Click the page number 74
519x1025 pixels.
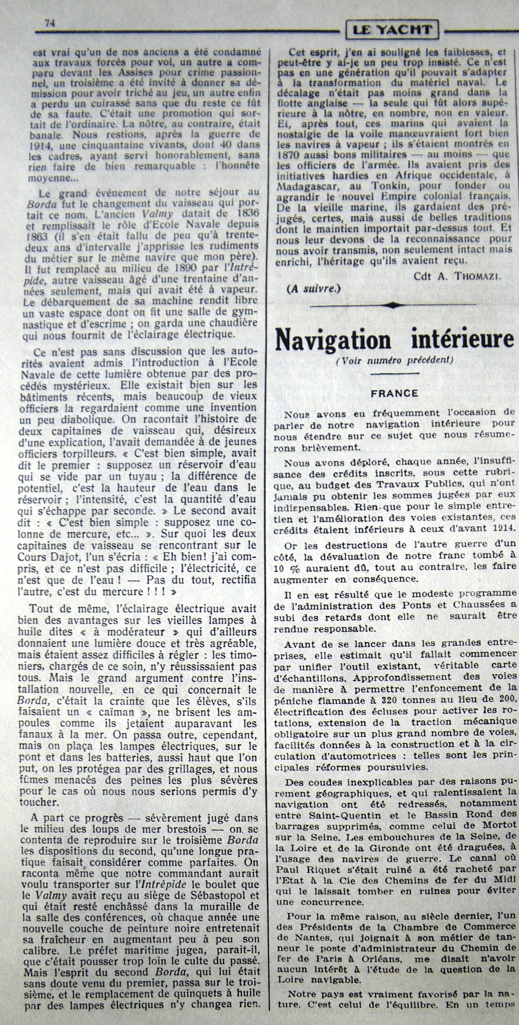(50, 23)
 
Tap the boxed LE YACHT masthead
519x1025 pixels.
(392, 30)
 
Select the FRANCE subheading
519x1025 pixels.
(394, 393)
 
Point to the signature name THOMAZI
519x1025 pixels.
(480, 276)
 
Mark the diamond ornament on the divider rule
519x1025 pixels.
(393, 305)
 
